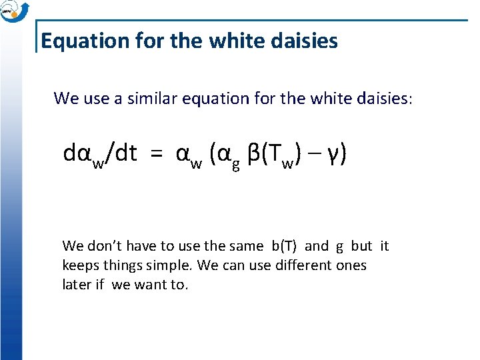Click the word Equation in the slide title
coord(74,41)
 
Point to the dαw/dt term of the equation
coord(100,155)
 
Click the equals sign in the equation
coord(155,155)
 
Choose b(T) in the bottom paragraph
coord(285,246)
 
